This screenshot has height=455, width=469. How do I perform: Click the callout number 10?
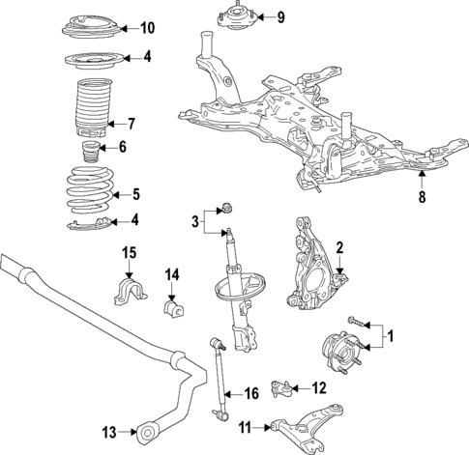tap(148, 27)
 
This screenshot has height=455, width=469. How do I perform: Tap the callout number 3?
tap(197, 223)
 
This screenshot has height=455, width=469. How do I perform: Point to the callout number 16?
tap(250, 393)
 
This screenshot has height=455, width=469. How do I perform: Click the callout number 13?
tap(108, 430)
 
